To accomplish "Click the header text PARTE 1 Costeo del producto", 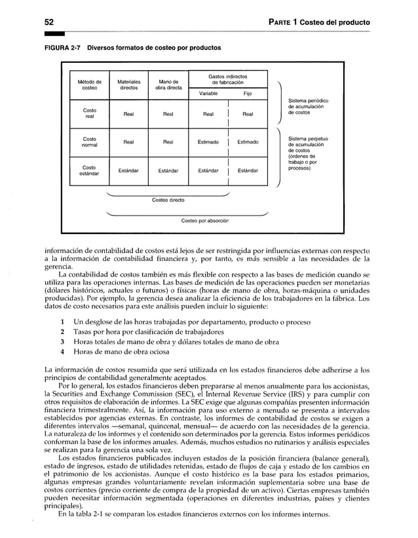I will [320, 22].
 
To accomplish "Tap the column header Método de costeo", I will [90, 85].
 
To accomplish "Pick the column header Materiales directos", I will [128, 85].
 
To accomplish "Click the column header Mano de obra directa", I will [168, 85].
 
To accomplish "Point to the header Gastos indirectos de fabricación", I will [227, 79].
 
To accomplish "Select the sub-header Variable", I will [208, 94].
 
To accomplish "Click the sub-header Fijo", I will [247, 94].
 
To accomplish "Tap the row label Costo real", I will [90, 113].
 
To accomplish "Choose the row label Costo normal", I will [90, 142].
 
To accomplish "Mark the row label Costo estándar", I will [90, 171].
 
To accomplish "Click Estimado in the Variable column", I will [208, 142].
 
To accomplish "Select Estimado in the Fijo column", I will [248, 142].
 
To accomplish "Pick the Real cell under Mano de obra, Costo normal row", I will [168, 142].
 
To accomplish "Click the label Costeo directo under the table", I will [168, 200].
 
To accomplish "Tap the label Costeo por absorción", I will [205, 221].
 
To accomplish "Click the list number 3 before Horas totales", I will [62, 341].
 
